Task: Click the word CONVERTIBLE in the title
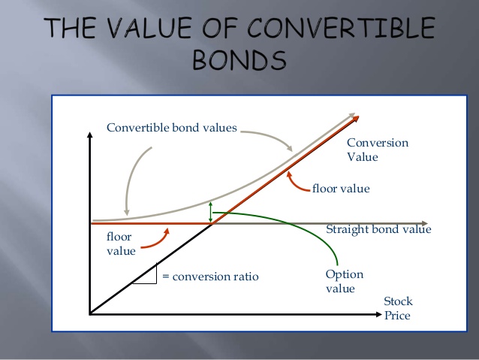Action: [x=341, y=28]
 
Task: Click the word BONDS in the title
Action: [x=239, y=59]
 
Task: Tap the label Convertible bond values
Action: [x=172, y=128]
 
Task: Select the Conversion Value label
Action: [x=378, y=150]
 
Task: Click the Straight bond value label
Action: [x=378, y=229]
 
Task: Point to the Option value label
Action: [x=345, y=281]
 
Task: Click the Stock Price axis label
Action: [x=398, y=308]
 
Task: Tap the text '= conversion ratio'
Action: [x=210, y=277]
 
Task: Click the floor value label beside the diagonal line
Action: [x=341, y=189]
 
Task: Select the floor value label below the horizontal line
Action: [x=121, y=244]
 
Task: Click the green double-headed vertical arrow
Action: [x=210, y=212]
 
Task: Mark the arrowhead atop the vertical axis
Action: [x=89, y=135]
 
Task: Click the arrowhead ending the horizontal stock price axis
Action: [x=379, y=314]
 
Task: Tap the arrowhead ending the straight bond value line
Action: [x=425, y=223]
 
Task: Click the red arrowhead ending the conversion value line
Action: [x=356, y=119]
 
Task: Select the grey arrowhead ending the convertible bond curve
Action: [x=352, y=115]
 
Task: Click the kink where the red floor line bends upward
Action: [x=212, y=223]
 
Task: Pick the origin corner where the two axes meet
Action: [x=90, y=314]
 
